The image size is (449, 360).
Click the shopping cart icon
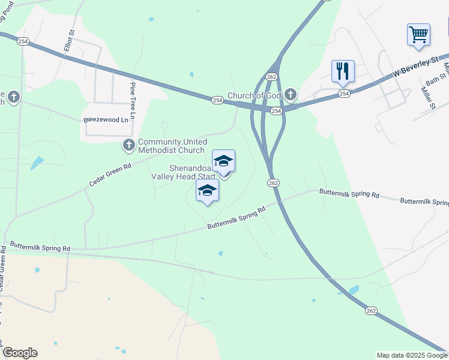tap(418, 34)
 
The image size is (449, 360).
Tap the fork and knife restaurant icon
tap(343, 71)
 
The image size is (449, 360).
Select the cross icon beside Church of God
tap(291, 94)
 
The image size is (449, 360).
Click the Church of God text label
tap(255, 96)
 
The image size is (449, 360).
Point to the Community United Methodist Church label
tap(171, 146)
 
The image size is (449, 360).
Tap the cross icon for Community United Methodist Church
tap(128, 145)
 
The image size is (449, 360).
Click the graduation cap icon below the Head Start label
tap(207, 191)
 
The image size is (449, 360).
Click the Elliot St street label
tap(70, 43)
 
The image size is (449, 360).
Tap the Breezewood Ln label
tap(106, 119)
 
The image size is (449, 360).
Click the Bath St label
tap(436, 77)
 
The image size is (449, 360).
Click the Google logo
tap(20, 353)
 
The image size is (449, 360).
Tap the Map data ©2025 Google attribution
tap(412, 355)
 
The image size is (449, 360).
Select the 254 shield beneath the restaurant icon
tap(343, 94)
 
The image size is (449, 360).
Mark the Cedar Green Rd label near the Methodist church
tap(110, 175)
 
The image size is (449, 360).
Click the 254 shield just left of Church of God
tap(217, 99)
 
